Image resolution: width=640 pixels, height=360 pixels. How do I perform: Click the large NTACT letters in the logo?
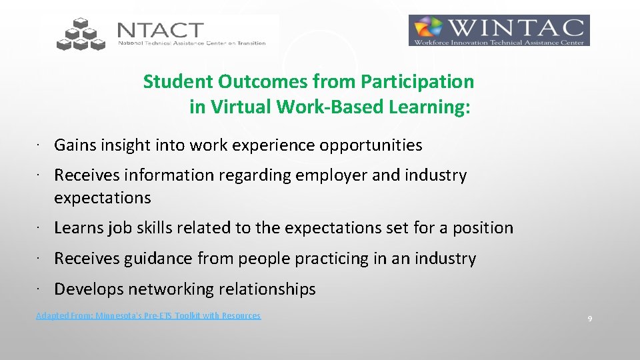(x=160, y=30)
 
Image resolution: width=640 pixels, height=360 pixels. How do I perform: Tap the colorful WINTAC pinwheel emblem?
(x=429, y=31)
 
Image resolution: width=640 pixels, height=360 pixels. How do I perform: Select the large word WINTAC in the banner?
(x=519, y=28)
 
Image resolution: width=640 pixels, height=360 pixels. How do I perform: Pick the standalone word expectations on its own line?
(x=103, y=198)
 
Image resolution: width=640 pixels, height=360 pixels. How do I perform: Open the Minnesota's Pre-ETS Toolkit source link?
(x=148, y=316)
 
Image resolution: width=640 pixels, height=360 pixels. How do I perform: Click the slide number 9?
(x=590, y=319)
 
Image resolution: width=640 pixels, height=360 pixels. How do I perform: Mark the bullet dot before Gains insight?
(x=40, y=145)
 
